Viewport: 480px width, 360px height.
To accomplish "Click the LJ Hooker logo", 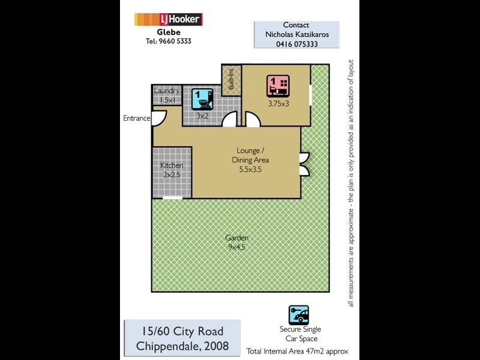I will [x=168, y=20].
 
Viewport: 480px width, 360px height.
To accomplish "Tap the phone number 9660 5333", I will [x=168, y=41].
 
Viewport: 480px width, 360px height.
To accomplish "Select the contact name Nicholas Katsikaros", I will [x=296, y=34].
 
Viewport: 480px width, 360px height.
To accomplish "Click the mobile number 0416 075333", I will [x=296, y=44].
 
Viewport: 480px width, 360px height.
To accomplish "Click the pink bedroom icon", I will [x=278, y=86].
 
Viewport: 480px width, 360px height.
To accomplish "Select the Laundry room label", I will [x=166, y=91].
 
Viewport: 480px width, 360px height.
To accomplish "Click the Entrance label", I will [x=136, y=118].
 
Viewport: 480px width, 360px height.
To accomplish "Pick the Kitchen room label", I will [x=172, y=166].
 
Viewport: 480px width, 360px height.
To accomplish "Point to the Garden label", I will [x=237, y=238].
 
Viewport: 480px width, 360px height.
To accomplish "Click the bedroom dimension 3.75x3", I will [x=278, y=103].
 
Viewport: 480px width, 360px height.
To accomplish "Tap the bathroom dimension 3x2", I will [x=203, y=115].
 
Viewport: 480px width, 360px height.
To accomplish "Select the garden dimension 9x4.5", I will [x=237, y=246].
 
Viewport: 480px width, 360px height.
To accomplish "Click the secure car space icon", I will [x=298, y=314].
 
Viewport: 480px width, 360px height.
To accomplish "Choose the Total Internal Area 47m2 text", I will [x=297, y=351].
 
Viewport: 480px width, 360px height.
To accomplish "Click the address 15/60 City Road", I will [x=182, y=331].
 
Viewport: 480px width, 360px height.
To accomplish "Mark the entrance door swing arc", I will [x=158, y=119].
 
